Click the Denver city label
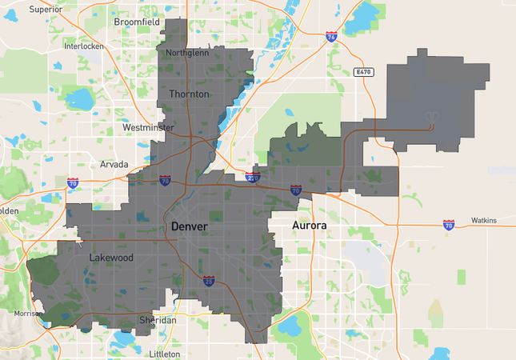click(189, 227)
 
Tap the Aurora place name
click(309, 226)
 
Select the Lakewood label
click(111, 258)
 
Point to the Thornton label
click(189, 94)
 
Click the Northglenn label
click(186, 53)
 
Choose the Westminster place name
click(148, 127)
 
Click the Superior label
click(46, 10)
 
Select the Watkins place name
click(483, 220)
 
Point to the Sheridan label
click(158, 320)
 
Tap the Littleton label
click(165, 354)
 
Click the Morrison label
click(27, 313)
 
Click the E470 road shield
click(364, 72)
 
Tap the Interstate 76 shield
click(331, 37)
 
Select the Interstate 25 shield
click(208, 281)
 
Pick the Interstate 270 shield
click(254, 178)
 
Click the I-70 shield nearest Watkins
click(449, 226)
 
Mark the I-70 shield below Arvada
click(73, 183)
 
